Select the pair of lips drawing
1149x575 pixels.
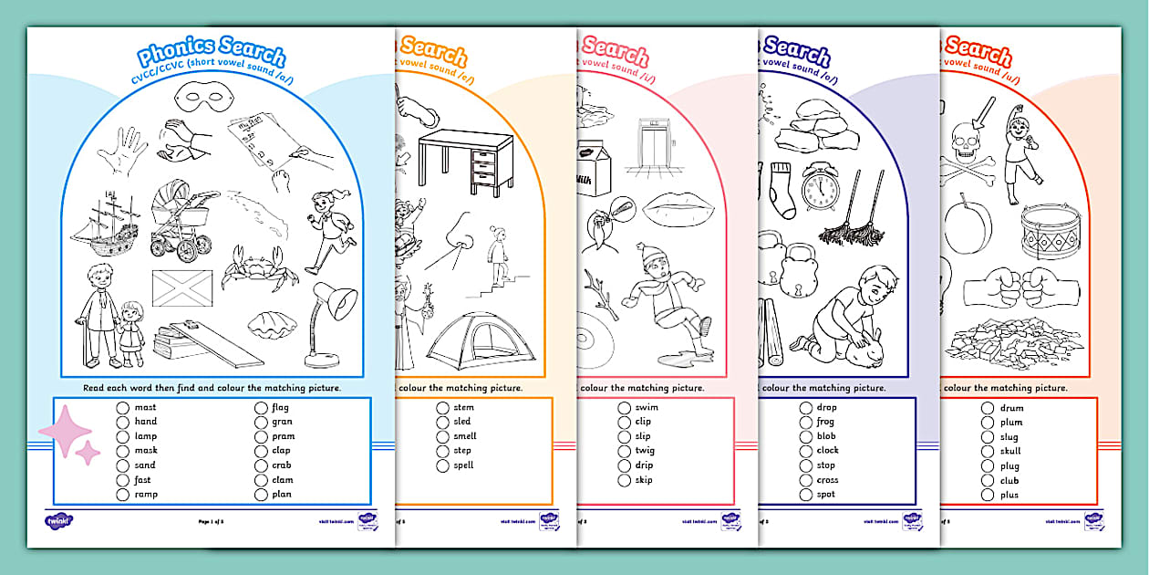681,211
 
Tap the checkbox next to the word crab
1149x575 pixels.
261,465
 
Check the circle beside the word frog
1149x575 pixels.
806,423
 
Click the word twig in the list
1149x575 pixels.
645,451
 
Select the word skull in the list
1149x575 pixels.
1010,451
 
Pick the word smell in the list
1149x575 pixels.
465,436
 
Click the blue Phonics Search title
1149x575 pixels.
212,56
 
